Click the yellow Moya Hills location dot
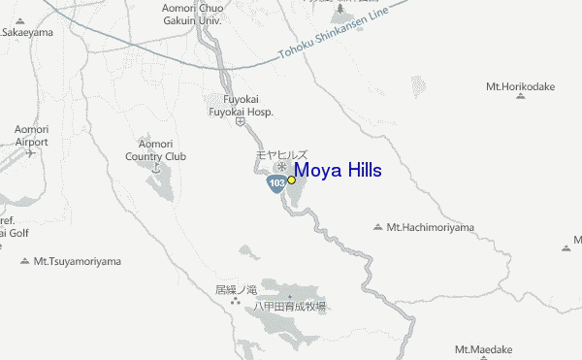click(291, 180)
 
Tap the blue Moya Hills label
click(338, 171)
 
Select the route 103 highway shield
click(277, 181)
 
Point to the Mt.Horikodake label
click(521, 85)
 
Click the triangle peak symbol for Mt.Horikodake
click(521, 97)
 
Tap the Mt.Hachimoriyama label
click(431, 227)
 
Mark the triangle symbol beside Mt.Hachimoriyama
click(378, 227)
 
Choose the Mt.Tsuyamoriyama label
click(78, 261)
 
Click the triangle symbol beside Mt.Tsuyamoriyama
click(25, 261)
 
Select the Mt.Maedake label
click(483, 349)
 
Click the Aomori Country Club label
click(155, 149)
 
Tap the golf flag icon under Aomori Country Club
click(155, 167)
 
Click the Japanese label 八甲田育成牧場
click(290, 306)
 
